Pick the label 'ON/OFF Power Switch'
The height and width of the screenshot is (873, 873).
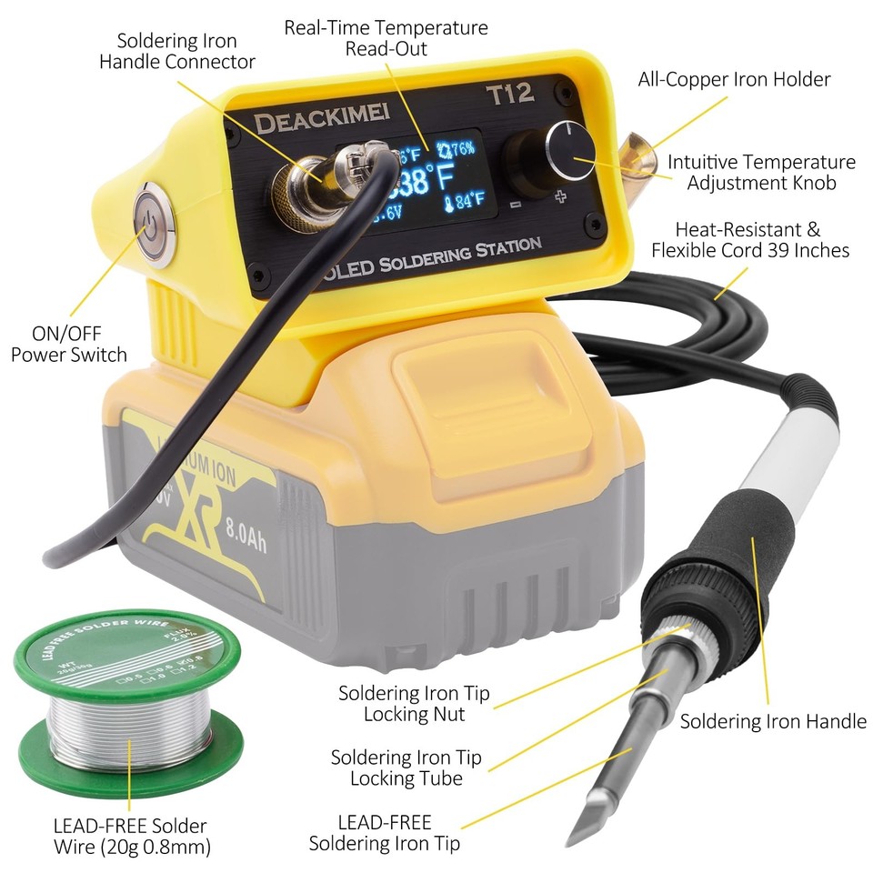tap(68, 344)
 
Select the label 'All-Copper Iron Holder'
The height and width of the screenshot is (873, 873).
tap(734, 79)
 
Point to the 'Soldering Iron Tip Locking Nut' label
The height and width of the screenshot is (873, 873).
tap(414, 703)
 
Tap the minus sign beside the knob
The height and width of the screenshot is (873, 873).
tap(516, 205)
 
